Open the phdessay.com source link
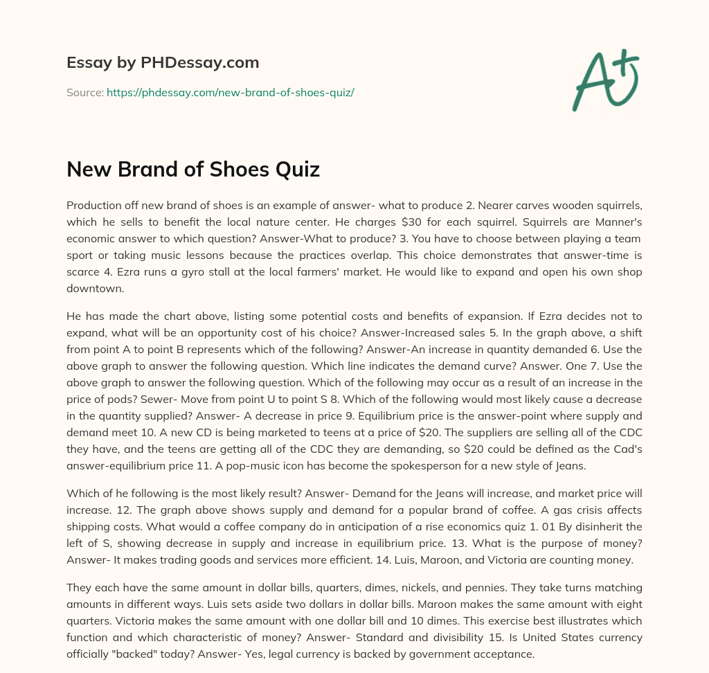[x=231, y=92]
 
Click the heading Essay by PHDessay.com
[x=163, y=63]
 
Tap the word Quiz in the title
[x=295, y=170]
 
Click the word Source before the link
[x=84, y=92]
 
